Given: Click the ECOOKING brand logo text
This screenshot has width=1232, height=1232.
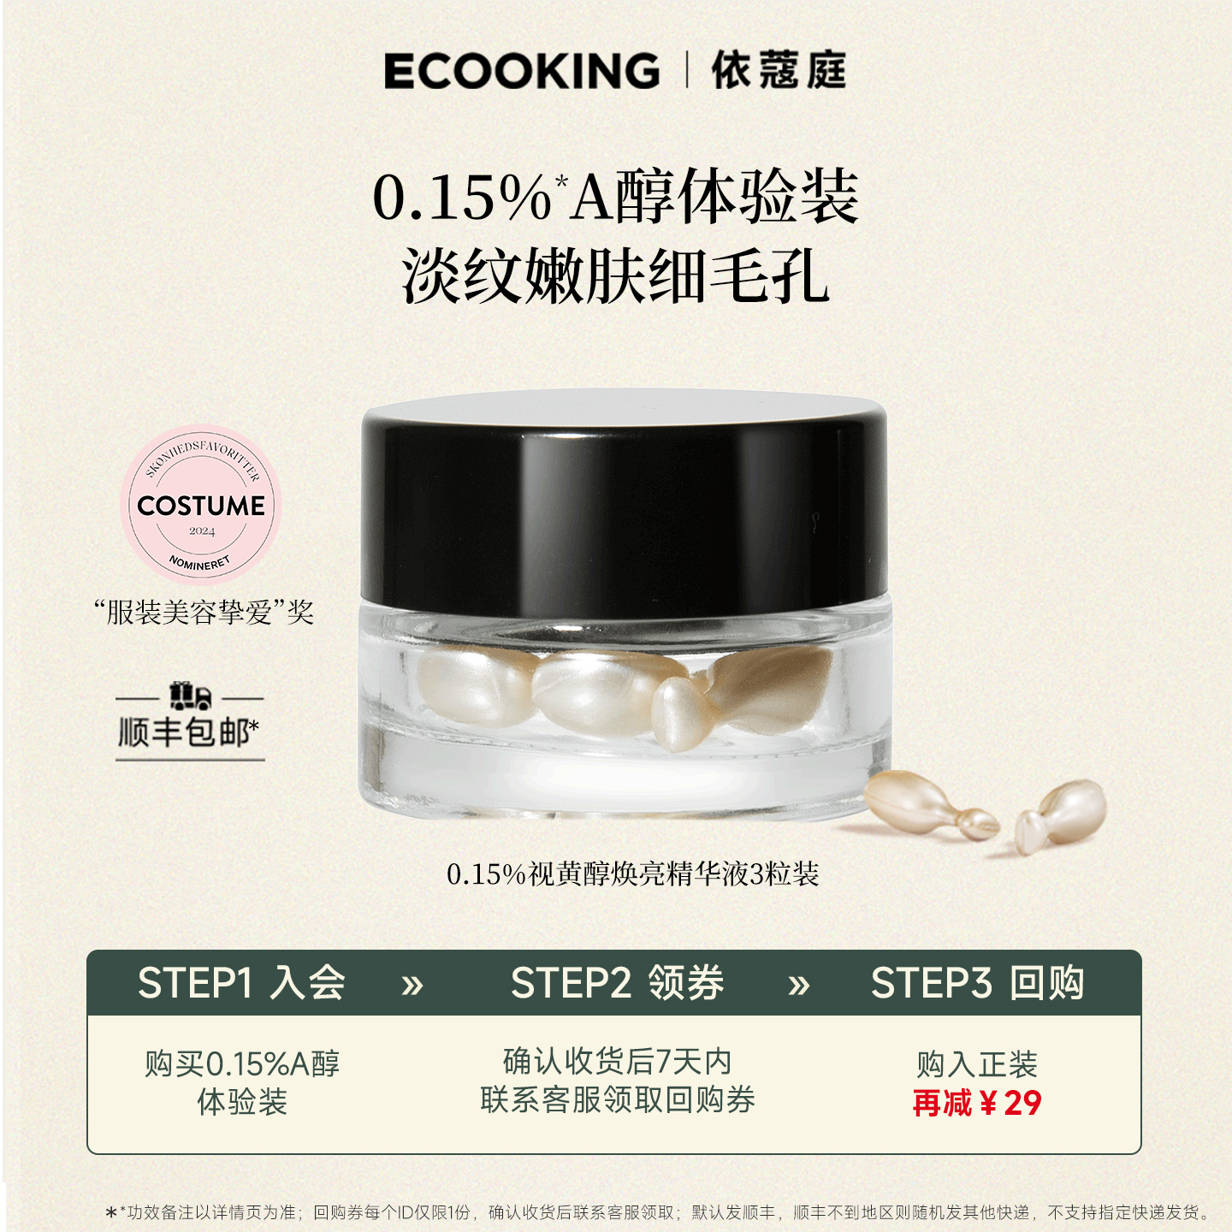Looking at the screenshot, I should (521, 71).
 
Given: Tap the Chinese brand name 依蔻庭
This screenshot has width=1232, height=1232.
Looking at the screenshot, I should (779, 70).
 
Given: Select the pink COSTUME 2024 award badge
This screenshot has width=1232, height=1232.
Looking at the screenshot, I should (201, 505).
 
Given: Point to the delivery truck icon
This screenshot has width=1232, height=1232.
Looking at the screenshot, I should (190, 696).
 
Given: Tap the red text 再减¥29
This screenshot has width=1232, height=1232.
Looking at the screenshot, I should (976, 1104).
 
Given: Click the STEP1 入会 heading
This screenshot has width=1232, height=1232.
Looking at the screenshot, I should (241, 983).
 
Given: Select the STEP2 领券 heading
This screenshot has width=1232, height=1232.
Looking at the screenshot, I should (617, 983).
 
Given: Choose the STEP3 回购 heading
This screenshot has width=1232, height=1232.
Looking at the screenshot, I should (977, 983).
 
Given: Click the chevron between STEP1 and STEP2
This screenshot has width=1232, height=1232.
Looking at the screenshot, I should (412, 986).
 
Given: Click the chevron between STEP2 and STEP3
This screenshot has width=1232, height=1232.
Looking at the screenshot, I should (798, 986).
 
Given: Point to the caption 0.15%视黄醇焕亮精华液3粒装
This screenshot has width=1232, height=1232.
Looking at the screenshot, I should (632, 874).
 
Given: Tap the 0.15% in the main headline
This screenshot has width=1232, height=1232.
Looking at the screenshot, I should (462, 198).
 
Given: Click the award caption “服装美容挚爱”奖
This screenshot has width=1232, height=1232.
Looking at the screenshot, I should (204, 613).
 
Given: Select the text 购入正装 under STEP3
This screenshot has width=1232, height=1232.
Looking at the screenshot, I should (976, 1065).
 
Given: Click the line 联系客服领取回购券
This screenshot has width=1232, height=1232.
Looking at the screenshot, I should (617, 1100).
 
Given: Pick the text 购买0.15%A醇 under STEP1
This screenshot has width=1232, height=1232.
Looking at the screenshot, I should (242, 1064).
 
